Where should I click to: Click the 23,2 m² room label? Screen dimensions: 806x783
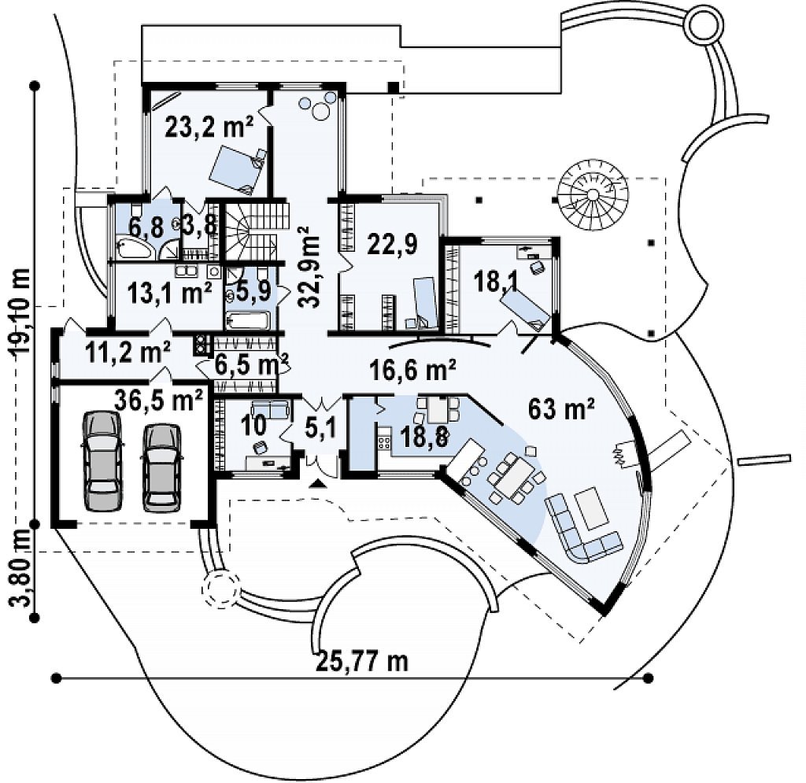pyautogui.click(x=209, y=127)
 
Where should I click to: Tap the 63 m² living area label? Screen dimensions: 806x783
pyautogui.click(x=561, y=408)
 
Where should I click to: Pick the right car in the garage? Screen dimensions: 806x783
pyautogui.click(x=161, y=467)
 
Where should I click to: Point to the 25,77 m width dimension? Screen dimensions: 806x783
pyautogui.click(x=363, y=661)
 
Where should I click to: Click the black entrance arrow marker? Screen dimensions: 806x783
pyautogui.click(x=319, y=482)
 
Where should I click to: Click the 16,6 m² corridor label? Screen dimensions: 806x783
pyautogui.click(x=412, y=369)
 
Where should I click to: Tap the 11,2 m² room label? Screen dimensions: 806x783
pyautogui.click(x=128, y=352)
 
